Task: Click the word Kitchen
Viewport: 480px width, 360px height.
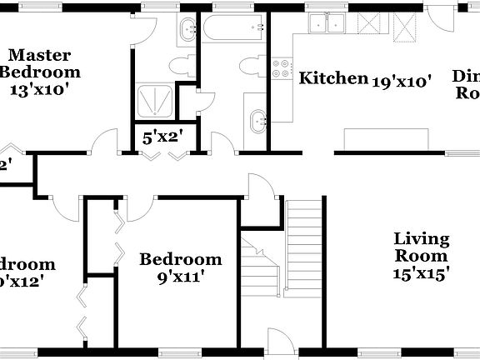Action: point(333,79)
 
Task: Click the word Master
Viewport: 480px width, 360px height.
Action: point(38,55)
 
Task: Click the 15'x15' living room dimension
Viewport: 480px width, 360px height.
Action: point(422,273)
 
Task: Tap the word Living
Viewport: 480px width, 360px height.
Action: point(422,240)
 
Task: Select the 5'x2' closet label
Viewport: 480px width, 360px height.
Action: point(162,137)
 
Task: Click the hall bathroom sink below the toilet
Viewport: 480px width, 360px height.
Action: point(257,121)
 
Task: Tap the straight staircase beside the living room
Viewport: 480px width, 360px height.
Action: point(304,250)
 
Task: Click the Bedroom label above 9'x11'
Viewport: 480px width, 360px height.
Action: point(180,259)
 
